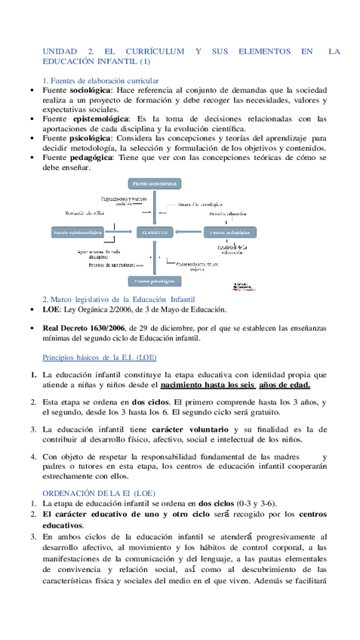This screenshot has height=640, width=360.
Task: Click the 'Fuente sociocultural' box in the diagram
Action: pyautogui.click(x=154, y=183)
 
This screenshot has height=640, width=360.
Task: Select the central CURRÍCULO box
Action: pyautogui.click(x=154, y=232)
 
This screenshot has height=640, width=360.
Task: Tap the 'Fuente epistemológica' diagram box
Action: pyautogui.click(x=76, y=232)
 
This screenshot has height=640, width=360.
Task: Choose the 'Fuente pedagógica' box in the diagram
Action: pyautogui.click(x=229, y=232)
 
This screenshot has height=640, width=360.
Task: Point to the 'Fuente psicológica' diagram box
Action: pyautogui.click(x=154, y=281)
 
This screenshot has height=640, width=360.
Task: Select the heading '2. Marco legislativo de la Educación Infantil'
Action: pyautogui.click(x=119, y=299)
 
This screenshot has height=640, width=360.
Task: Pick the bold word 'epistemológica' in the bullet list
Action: pyautogui.click(x=98, y=118)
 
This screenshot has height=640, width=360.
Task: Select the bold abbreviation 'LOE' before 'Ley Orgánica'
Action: pyautogui.click(x=52, y=309)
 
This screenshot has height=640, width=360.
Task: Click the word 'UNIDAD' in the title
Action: pyautogui.click(x=60, y=51)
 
